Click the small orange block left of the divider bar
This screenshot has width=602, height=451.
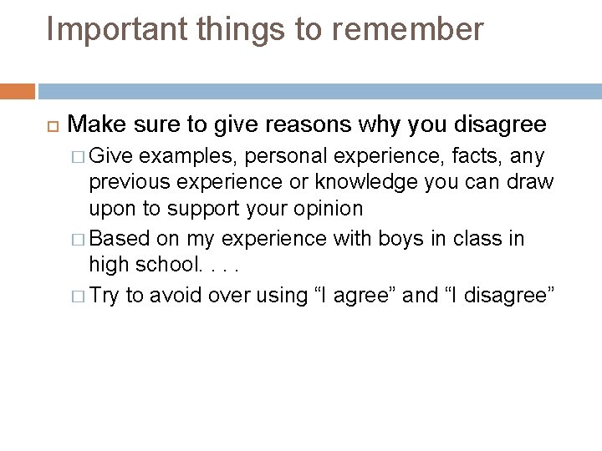click(x=18, y=91)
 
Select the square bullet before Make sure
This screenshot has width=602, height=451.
click(x=48, y=125)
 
